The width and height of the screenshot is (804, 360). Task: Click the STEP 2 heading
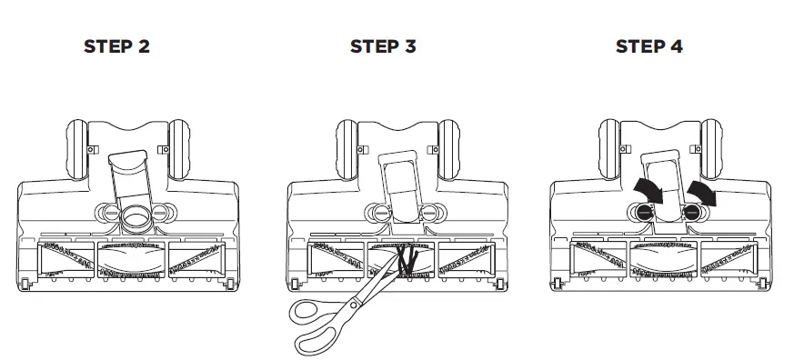coord(116,46)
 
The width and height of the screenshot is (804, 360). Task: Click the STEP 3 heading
coord(383,46)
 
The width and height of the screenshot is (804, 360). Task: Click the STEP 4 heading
coord(649,46)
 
